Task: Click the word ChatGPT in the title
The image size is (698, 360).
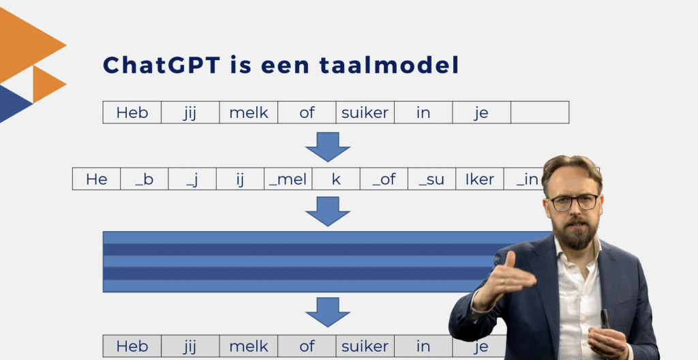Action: (x=162, y=65)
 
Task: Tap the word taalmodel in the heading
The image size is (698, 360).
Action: (x=389, y=65)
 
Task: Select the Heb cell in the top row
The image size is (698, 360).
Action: (x=132, y=112)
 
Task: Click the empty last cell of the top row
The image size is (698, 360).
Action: (x=540, y=112)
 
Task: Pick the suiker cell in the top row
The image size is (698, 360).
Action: (x=365, y=112)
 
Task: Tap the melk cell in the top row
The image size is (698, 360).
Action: (x=248, y=112)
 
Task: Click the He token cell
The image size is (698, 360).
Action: (x=97, y=179)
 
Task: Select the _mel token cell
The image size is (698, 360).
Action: (x=288, y=179)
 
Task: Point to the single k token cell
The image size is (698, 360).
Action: (x=336, y=179)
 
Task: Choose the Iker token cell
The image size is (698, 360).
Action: (x=479, y=179)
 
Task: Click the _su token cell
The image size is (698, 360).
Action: (x=431, y=179)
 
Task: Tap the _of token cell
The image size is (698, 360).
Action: (x=384, y=179)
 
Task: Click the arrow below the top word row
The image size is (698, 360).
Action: (x=328, y=147)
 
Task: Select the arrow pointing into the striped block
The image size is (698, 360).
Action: (x=328, y=211)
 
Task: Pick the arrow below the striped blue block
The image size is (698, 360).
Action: (x=328, y=312)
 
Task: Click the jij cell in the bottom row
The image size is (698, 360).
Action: (x=190, y=346)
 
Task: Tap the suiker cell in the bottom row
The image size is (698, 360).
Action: (x=365, y=346)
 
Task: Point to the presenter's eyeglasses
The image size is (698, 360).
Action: (x=574, y=202)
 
